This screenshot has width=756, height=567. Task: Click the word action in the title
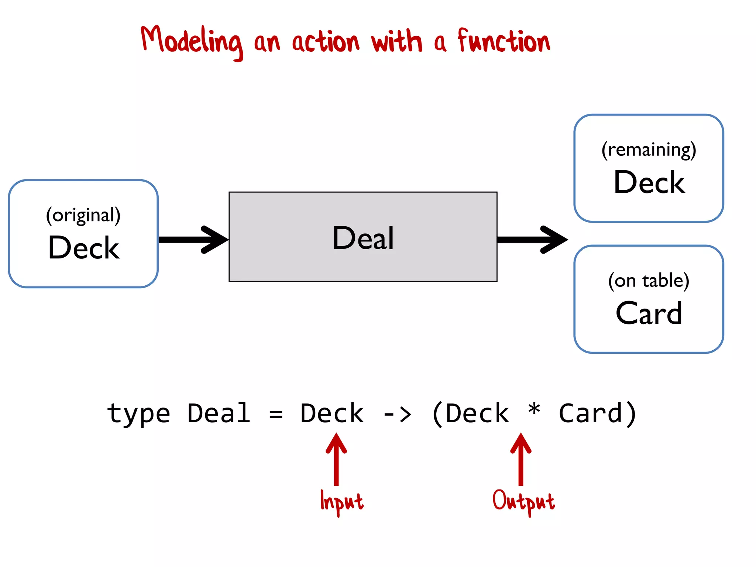(x=326, y=41)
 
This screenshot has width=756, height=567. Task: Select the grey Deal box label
(x=363, y=238)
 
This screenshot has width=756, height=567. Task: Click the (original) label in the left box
(x=83, y=215)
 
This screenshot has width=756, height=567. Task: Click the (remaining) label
(x=649, y=150)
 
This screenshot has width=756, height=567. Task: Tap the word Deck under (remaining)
(x=649, y=182)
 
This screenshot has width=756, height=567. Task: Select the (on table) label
(x=649, y=281)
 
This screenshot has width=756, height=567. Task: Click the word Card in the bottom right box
(x=649, y=313)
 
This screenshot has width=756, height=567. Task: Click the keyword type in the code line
(x=138, y=413)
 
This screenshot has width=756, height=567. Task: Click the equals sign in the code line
(x=276, y=414)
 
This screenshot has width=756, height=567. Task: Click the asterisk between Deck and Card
(x=534, y=410)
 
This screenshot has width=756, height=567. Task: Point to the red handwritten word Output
(x=523, y=501)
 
